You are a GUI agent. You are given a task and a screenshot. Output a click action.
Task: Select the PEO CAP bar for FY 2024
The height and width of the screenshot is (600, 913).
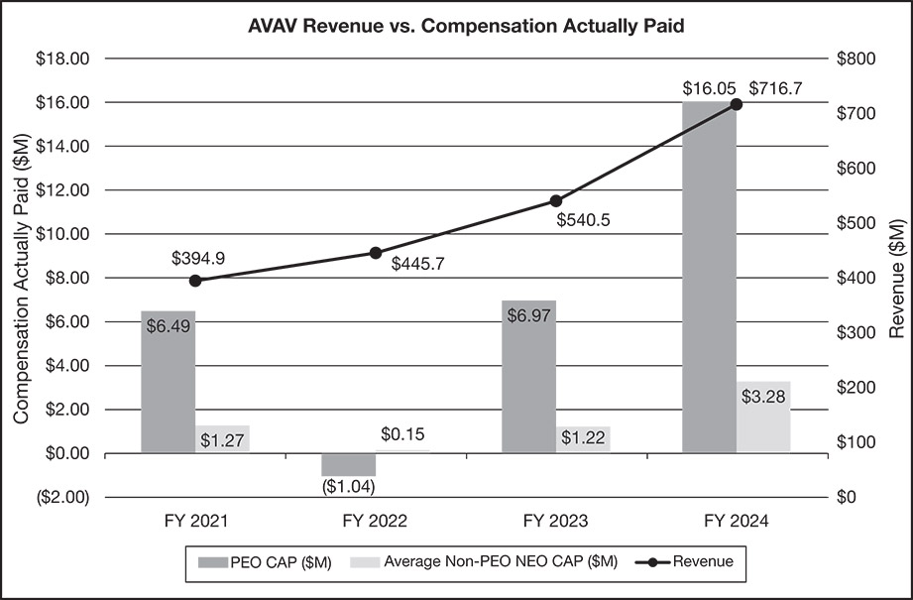[709, 278]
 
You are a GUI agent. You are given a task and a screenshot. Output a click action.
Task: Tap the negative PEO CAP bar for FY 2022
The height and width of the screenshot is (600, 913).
[348, 464]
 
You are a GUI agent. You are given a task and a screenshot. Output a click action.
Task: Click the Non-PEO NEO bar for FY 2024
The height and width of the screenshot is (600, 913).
[763, 417]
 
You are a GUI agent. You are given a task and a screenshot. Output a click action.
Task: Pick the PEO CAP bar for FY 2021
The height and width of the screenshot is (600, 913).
[168, 382]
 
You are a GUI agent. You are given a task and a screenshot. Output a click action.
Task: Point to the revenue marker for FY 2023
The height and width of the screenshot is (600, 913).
[556, 201]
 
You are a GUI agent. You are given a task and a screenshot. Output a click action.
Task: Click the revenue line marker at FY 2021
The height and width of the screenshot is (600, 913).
[195, 281]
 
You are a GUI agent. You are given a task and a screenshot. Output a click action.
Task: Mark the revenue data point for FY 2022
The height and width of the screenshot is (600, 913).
[376, 253]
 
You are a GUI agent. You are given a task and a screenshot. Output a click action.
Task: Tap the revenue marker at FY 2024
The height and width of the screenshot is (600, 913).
[737, 104]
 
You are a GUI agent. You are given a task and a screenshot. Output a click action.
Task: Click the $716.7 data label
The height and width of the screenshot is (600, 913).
[775, 88]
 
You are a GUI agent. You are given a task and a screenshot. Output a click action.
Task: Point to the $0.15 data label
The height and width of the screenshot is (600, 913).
[402, 433]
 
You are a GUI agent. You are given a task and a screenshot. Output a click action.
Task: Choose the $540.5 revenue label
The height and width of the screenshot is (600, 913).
[583, 220]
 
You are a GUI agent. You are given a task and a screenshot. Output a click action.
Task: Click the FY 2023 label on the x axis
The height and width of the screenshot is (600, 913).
[555, 520]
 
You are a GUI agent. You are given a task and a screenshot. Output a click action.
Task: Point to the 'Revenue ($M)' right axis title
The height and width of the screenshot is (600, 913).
[896, 278]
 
